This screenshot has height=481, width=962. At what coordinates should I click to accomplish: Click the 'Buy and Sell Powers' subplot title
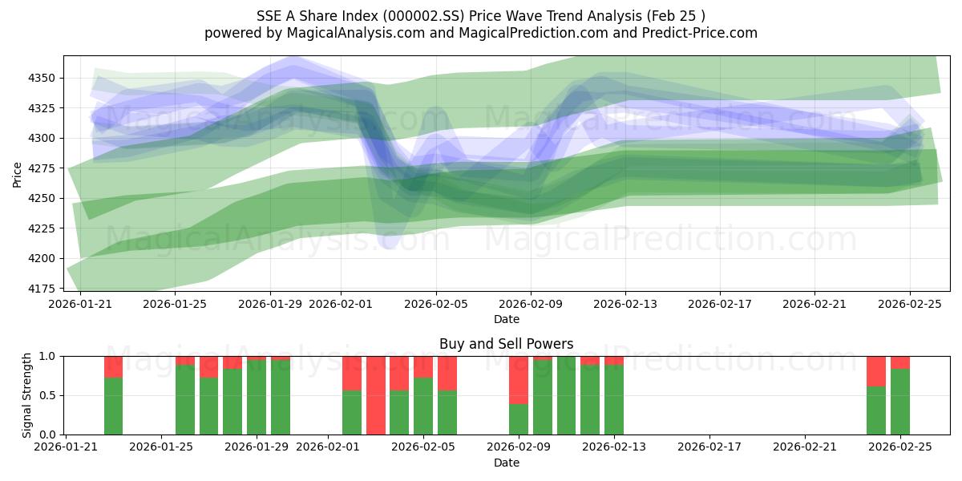[506, 344]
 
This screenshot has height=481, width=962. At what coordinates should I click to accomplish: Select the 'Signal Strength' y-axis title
[26, 395]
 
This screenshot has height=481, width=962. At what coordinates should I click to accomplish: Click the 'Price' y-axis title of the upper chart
[18, 173]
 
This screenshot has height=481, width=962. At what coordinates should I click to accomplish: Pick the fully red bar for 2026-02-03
[376, 395]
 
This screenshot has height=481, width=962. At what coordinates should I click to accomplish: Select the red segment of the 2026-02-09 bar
[519, 379]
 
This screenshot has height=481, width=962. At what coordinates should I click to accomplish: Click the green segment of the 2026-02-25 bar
[900, 402]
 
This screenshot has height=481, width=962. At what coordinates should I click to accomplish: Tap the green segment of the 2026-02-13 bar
[614, 399]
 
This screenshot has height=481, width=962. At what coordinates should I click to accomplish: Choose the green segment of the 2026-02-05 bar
[423, 406]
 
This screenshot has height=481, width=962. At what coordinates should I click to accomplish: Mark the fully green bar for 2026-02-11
[566, 395]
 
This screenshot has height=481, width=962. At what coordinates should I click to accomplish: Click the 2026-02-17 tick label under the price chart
[720, 304]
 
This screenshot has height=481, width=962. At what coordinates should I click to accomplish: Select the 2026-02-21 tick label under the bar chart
[803, 447]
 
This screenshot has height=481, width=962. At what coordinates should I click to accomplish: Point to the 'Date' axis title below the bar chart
[506, 463]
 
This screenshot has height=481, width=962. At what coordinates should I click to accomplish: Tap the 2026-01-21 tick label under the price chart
[80, 304]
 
